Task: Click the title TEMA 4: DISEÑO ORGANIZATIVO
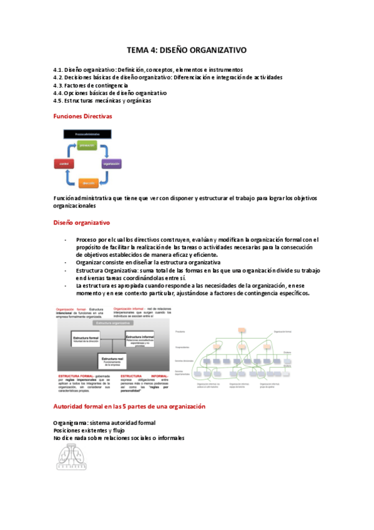click(x=187, y=50)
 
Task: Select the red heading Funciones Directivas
click(x=83, y=116)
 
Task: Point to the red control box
click(x=64, y=163)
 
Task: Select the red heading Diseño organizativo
click(x=82, y=222)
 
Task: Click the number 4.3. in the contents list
click(x=59, y=85)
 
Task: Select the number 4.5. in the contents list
click(x=59, y=100)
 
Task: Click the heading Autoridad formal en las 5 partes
click(x=129, y=407)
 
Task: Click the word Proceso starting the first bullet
click(x=86, y=239)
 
